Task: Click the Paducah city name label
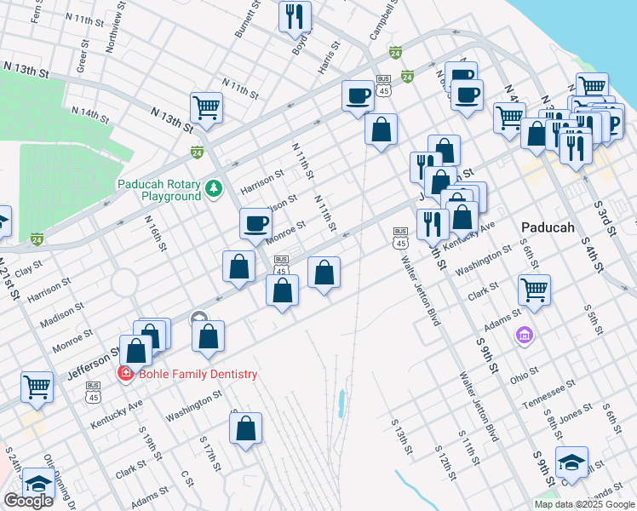click(x=547, y=228)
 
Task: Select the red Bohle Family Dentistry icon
click(x=125, y=373)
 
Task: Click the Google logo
click(x=27, y=500)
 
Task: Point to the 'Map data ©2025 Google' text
click(x=583, y=504)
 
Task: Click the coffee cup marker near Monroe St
click(x=255, y=224)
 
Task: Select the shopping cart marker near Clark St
click(x=534, y=290)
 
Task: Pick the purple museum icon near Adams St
click(x=524, y=338)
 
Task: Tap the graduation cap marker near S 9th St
click(x=571, y=462)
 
